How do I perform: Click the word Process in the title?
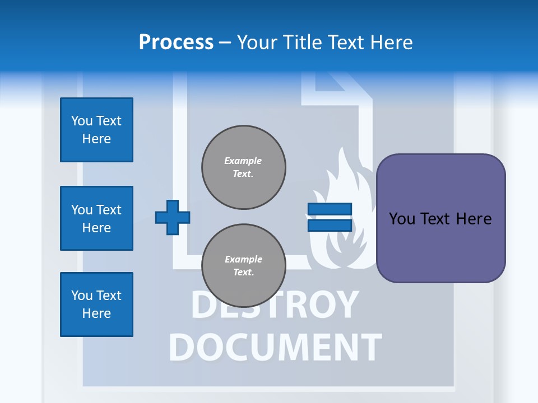point(176,43)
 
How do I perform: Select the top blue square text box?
point(96,130)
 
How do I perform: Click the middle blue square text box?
point(96,218)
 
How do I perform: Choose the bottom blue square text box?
point(96,304)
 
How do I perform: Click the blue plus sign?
point(172,217)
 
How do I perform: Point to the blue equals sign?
point(330,217)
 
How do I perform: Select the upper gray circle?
point(244,167)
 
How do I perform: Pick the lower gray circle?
point(244,265)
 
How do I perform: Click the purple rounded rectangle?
point(440,218)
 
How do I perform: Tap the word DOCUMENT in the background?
point(275,347)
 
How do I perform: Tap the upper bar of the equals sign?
point(330,209)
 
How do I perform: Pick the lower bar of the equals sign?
point(330,225)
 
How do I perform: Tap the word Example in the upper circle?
point(243,161)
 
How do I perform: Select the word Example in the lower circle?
point(243,260)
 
